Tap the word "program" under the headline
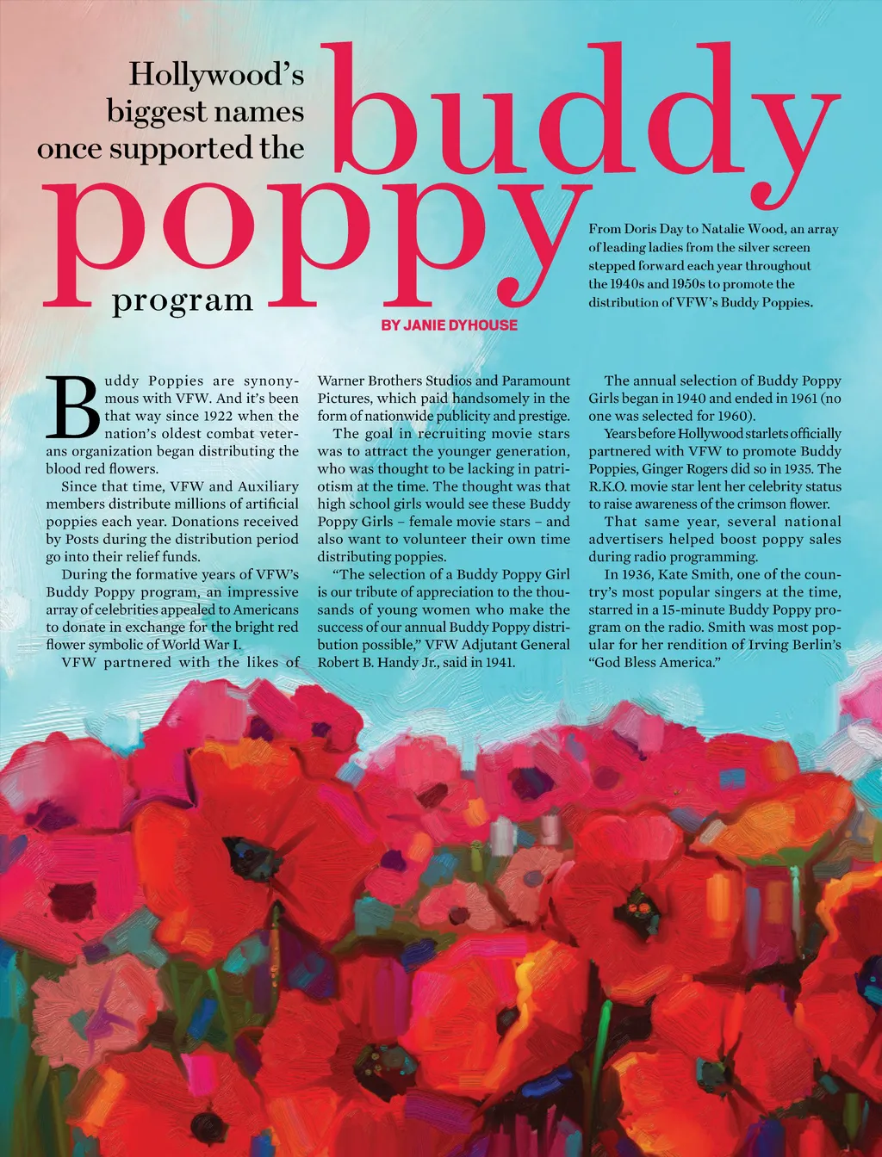(183, 300)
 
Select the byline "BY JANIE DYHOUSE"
(450, 325)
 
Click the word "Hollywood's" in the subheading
(216, 75)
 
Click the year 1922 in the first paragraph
(210, 416)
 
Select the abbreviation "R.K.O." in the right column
(610, 486)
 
